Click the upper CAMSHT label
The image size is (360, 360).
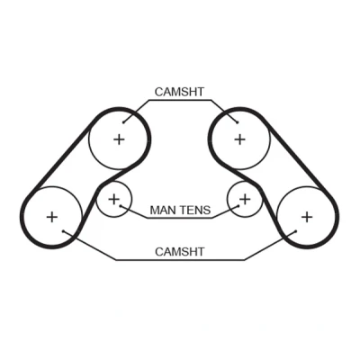[179, 92]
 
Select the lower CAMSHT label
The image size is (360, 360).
[179, 251]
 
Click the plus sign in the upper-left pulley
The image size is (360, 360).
[119, 139]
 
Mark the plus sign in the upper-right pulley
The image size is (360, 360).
[239, 139]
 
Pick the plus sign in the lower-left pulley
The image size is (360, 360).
[52, 217]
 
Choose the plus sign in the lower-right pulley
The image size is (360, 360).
[307, 217]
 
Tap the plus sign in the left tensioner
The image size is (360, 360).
[113, 199]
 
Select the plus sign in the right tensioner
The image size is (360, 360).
[246, 199]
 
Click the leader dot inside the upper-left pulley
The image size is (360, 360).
[123, 122]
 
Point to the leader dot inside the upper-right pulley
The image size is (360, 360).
[237, 122]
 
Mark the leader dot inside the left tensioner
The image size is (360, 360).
[120, 206]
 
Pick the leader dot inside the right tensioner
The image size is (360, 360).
[238, 206]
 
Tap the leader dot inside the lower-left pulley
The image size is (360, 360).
[63, 231]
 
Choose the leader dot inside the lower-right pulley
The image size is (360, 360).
[296, 231]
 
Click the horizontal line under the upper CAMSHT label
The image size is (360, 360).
[180, 100]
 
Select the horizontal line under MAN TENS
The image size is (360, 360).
[180, 218]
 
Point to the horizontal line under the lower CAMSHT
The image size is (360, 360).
[180, 260]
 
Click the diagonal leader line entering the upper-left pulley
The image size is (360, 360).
[136, 111]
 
